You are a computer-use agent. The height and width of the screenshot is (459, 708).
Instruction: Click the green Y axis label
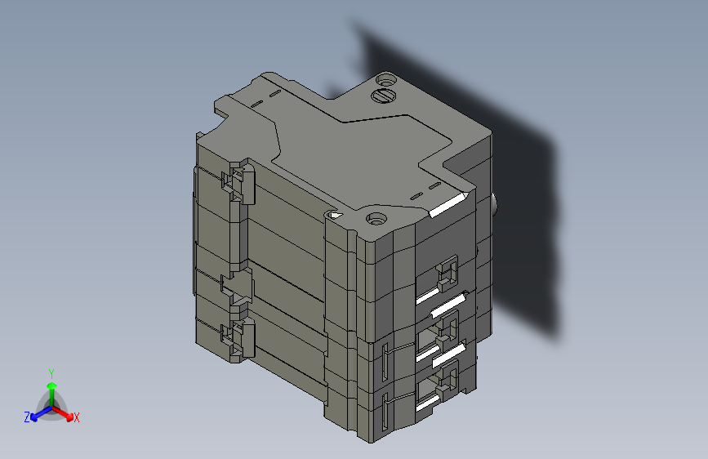(51, 372)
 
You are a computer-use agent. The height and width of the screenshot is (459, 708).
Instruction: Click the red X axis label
(76, 418)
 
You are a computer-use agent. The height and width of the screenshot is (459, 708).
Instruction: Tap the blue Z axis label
(27, 417)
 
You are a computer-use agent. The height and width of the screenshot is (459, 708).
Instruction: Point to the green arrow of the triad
(51, 387)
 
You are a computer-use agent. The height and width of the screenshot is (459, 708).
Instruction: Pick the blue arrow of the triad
(37, 412)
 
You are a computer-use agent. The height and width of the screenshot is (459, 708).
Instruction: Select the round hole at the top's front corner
(376, 218)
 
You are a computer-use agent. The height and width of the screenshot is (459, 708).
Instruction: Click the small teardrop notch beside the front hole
(335, 215)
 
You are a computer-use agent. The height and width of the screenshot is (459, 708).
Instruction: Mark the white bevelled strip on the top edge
(448, 205)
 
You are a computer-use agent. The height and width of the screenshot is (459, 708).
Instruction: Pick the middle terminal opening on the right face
(445, 328)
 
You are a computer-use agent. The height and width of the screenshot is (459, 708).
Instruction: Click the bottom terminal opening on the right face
(446, 379)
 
